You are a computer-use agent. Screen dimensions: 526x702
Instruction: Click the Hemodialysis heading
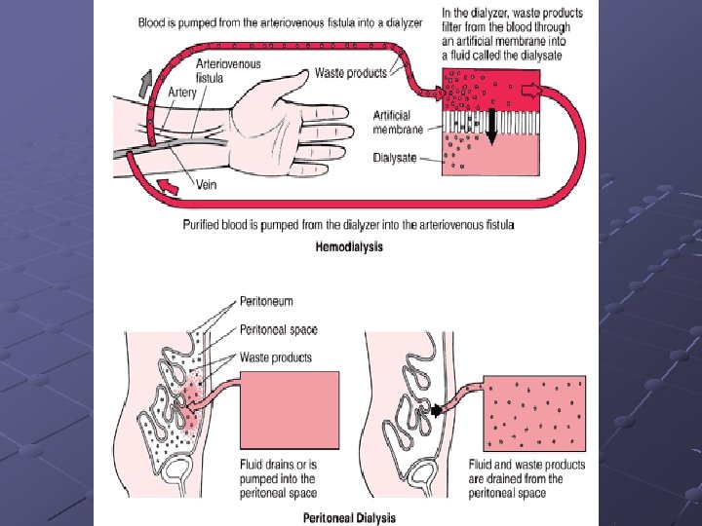point(349,246)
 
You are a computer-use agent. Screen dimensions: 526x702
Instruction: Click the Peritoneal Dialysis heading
point(349,517)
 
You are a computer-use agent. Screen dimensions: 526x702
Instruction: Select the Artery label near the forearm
point(182,93)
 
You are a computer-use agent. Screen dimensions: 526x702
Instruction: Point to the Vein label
point(207,184)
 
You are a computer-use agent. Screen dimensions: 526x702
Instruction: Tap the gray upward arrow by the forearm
point(145,83)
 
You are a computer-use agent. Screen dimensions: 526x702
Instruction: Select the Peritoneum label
point(266,302)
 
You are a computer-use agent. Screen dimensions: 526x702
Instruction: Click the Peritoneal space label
point(278,329)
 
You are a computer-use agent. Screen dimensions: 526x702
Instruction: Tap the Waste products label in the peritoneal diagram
point(275,357)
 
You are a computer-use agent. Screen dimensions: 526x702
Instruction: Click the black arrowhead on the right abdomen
point(439,410)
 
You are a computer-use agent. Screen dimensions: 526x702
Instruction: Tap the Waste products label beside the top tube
point(351,72)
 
